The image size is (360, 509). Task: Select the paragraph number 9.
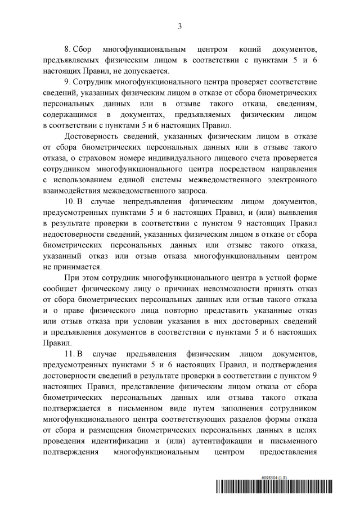67,82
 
